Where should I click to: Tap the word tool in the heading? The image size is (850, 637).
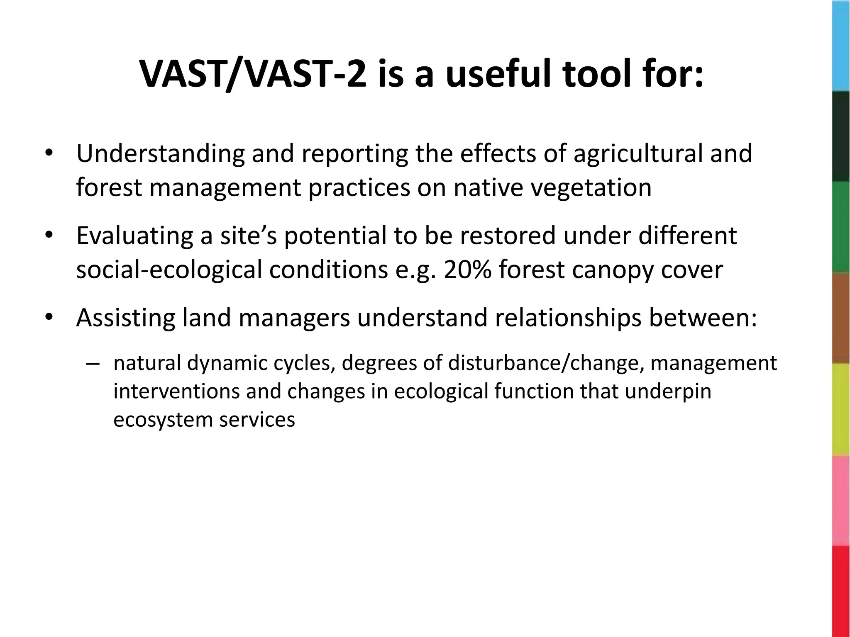601,75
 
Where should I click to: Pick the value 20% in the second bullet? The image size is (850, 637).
467,270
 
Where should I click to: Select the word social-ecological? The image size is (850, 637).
169,270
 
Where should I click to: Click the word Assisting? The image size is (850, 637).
126,318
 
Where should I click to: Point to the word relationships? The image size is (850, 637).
561,318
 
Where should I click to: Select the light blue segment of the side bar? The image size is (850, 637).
841,46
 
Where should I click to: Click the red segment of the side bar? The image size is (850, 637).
841,591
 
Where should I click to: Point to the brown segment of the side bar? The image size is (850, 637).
841,318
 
